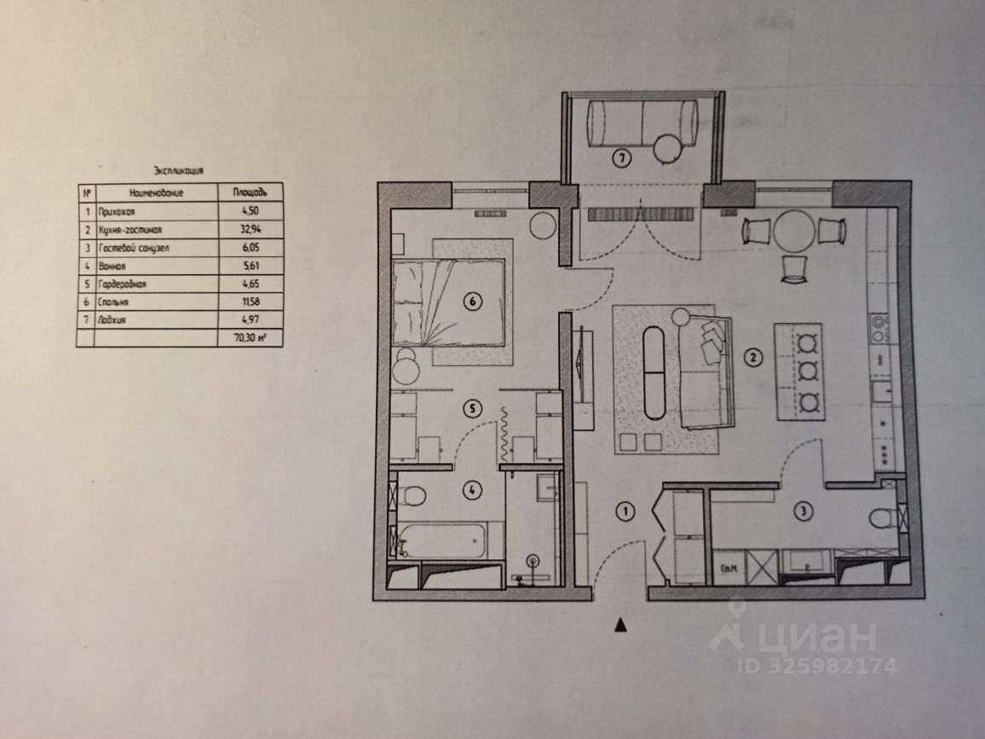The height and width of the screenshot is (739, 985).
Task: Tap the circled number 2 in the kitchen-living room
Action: click(x=752, y=358)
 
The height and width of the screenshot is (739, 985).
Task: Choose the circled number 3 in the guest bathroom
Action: click(x=801, y=512)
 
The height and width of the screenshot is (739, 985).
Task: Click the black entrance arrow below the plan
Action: click(x=621, y=626)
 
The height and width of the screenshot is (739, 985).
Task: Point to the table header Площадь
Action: click(x=250, y=193)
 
